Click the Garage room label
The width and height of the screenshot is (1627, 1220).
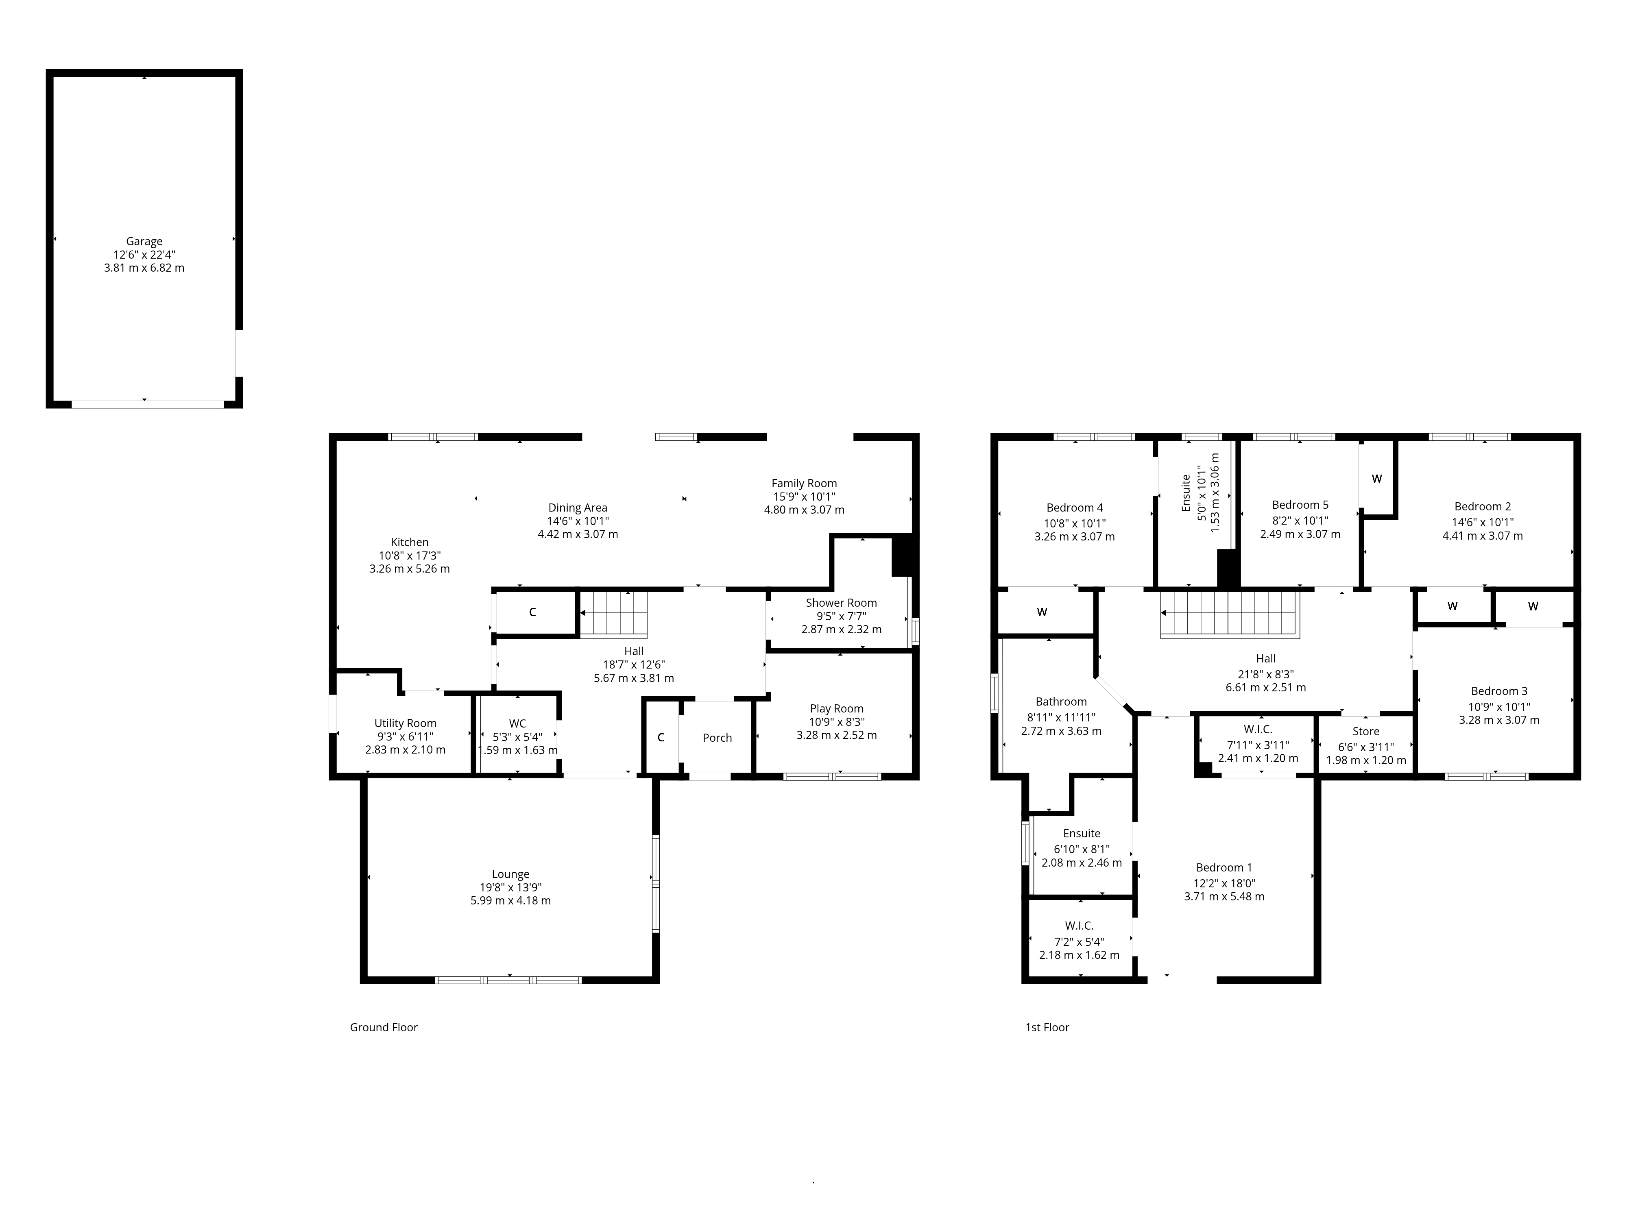pos(144,241)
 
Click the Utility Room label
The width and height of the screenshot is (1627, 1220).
pos(405,723)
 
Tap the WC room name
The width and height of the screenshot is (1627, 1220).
pos(517,723)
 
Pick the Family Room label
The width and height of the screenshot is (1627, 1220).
pos(804,483)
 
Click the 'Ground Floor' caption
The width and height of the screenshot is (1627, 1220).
pos(383,1027)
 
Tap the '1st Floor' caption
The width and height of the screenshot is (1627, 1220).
pos(1047,1027)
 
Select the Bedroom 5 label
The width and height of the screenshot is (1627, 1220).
pos(1300,505)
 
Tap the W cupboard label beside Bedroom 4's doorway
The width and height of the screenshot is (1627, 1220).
pos(1042,612)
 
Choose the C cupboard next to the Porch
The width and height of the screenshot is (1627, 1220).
pos(661,738)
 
